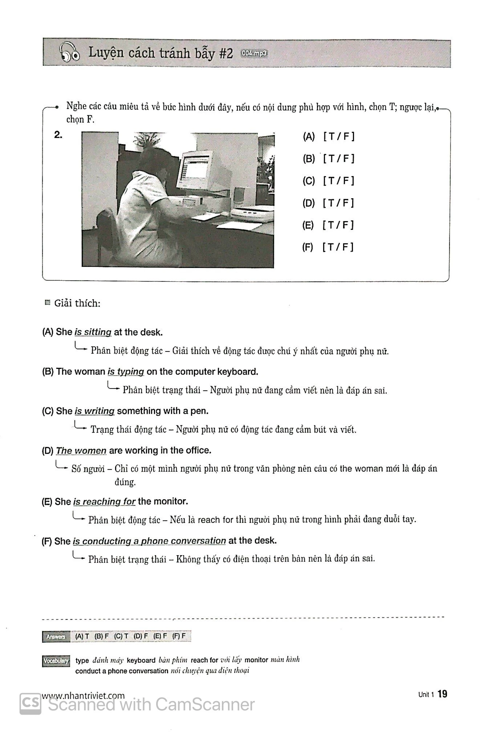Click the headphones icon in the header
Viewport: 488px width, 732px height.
pyautogui.click(x=69, y=53)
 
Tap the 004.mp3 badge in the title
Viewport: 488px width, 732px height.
pyautogui.click(x=254, y=53)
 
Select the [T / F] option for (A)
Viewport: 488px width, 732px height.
pyautogui.click(x=338, y=137)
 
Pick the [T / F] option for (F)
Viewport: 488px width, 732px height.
pyautogui.click(x=338, y=247)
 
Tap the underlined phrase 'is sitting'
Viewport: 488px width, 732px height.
pyautogui.click(x=93, y=332)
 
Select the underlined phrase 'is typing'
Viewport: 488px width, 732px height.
pyautogui.click(x=126, y=371)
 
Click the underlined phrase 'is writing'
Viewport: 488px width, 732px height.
pyautogui.click(x=94, y=411)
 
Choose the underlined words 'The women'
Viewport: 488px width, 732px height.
pyautogui.click(x=81, y=451)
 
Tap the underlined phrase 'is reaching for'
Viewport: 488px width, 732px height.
pyautogui.click(x=104, y=501)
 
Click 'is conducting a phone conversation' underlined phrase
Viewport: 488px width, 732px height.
pyautogui.click(x=149, y=541)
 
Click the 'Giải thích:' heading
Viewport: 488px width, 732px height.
pyautogui.click(x=77, y=303)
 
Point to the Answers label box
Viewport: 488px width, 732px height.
pyautogui.click(x=56, y=637)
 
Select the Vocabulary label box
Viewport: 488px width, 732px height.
pyautogui.click(x=56, y=661)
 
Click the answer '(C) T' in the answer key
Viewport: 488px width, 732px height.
pyautogui.click(x=121, y=636)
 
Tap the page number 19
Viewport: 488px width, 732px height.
pyautogui.click(x=442, y=694)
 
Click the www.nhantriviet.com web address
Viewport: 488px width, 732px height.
pyautogui.click(x=84, y=696)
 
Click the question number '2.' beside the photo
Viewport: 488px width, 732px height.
pyautogui.click(x=58, y=135)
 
